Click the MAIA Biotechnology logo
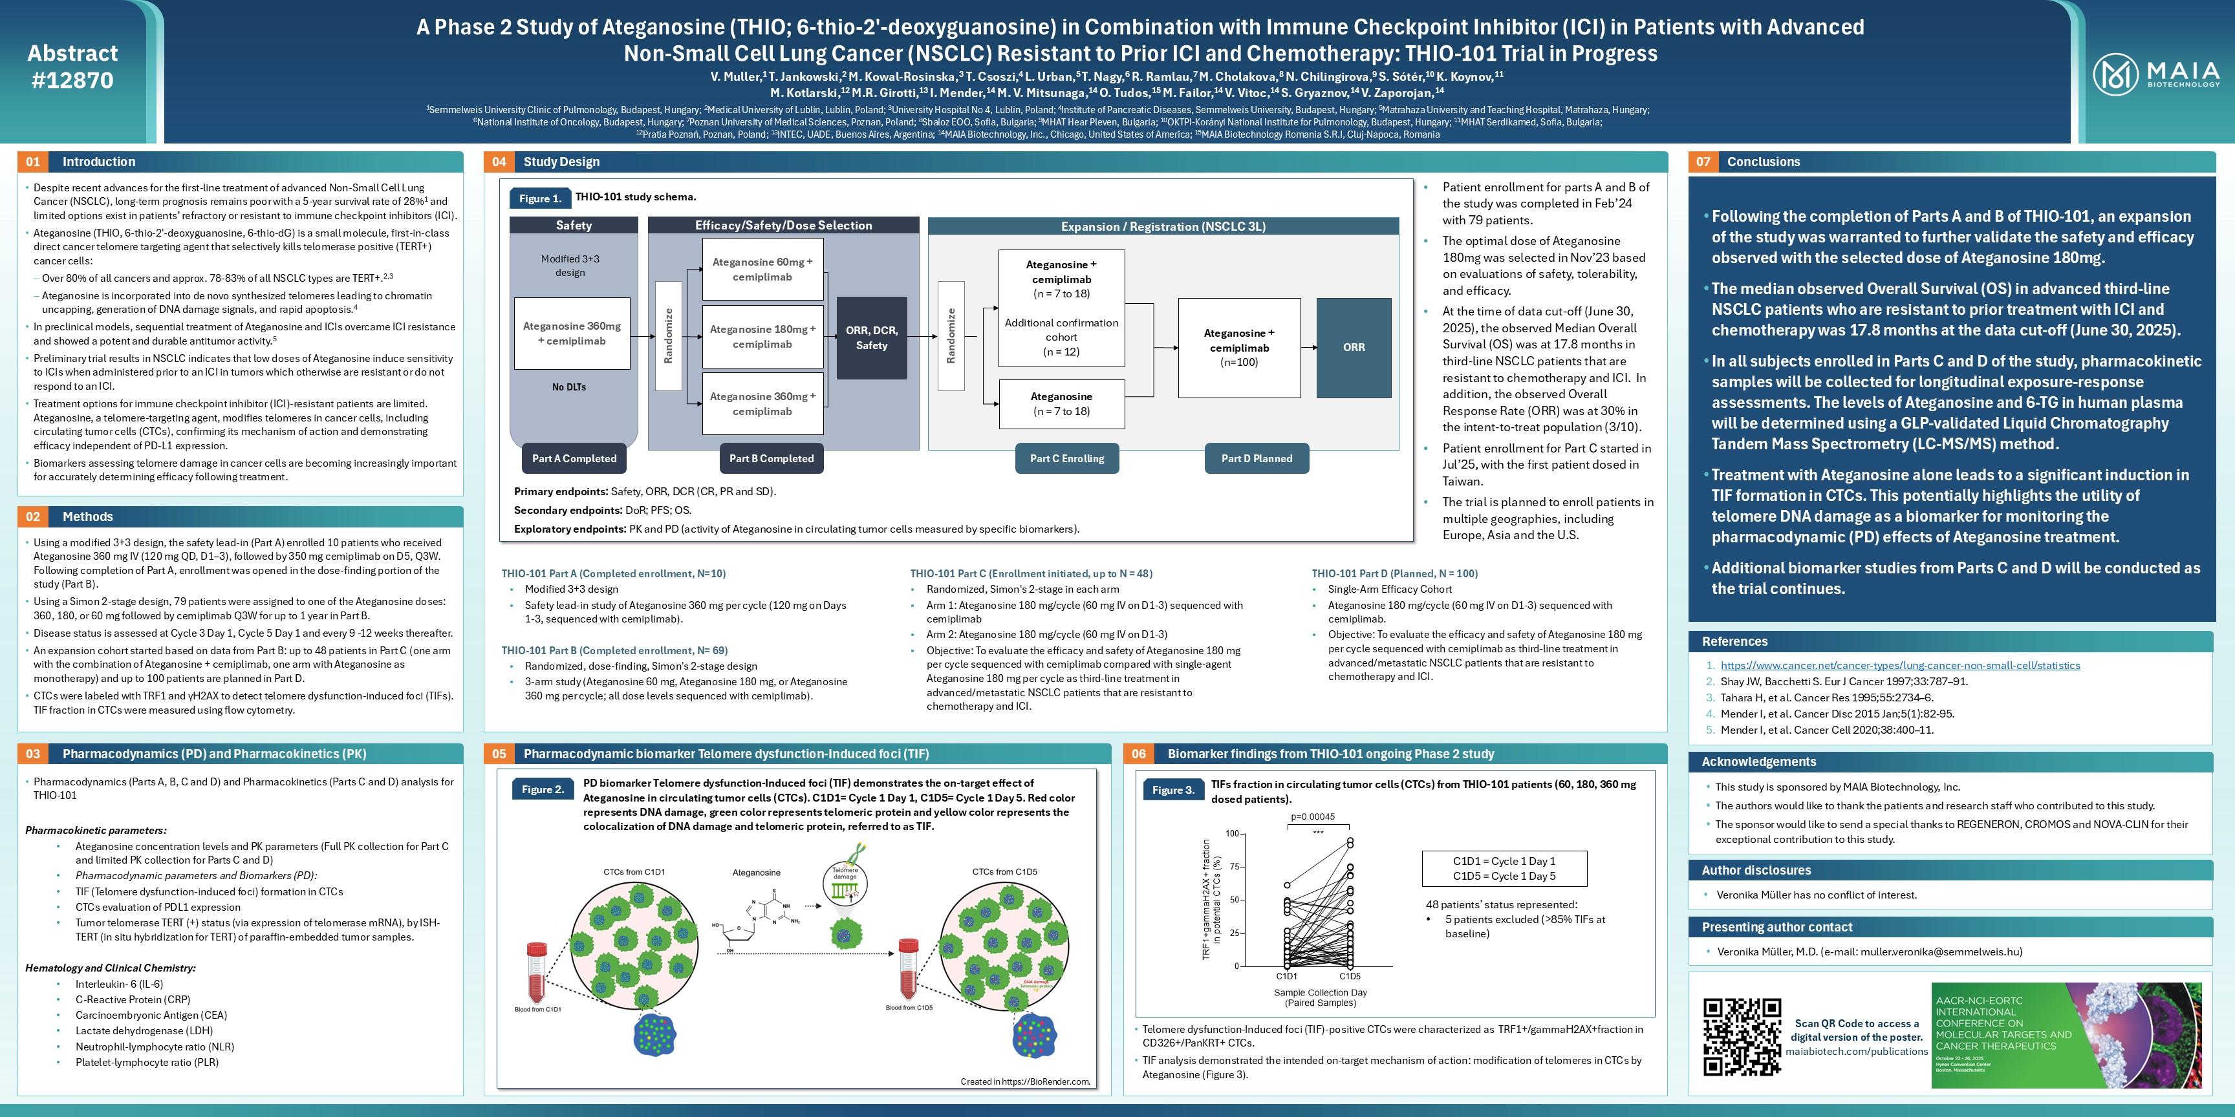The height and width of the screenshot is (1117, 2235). tap(2155, 74)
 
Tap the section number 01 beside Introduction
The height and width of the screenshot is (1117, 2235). tap(33, 162)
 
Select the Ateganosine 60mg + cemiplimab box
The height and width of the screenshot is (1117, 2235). tap(762, 270)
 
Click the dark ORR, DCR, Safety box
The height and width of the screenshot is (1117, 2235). tap(871, 338)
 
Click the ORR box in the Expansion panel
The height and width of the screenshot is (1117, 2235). tap(1354, 348)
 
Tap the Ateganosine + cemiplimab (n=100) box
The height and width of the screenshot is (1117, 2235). tap(1239, 348)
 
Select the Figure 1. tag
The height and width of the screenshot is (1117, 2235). tap(539, 198)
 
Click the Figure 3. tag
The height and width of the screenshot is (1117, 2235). tap(1173, 790)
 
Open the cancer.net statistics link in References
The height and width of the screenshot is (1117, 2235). tap(1900, 666)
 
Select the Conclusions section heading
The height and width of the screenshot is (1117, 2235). tap(1763, 162)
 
